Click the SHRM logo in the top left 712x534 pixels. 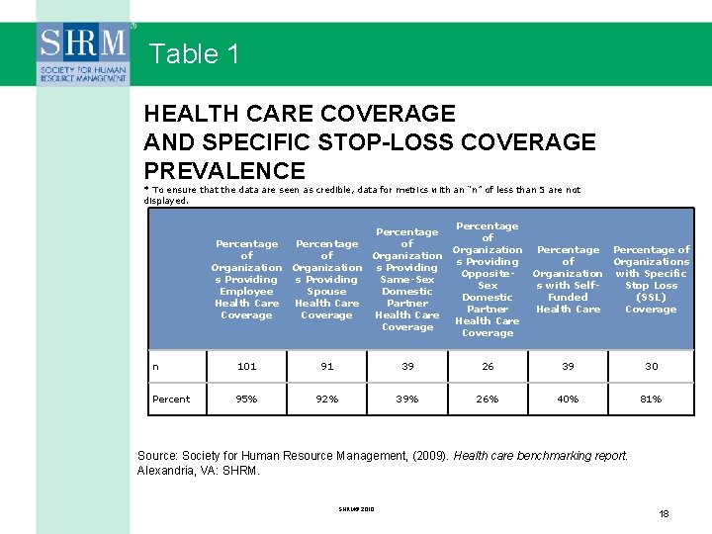point(84,56)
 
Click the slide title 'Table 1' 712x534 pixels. point(195,53)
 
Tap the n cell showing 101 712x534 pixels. point(246,366)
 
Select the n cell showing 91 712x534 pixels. point(326,366)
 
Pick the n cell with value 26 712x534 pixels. point(488,366)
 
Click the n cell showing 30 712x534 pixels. point(652,366)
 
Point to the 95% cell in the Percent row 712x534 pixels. point(246,400)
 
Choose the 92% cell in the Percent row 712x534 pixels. point(326,400)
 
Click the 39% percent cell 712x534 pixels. point(407,400)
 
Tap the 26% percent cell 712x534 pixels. point(488,400)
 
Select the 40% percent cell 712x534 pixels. point(568,400)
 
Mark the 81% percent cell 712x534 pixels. point(652,400)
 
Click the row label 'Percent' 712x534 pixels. point(171,400)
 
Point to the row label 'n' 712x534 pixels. point(156,366)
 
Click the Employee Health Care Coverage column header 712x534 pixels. point(246,280)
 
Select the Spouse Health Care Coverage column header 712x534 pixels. point(326,280)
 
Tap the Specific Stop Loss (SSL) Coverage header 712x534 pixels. point(652,280)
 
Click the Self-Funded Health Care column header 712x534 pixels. point(568,280)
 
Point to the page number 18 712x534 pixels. point(664,514)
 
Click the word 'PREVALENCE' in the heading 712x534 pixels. point(224,170)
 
